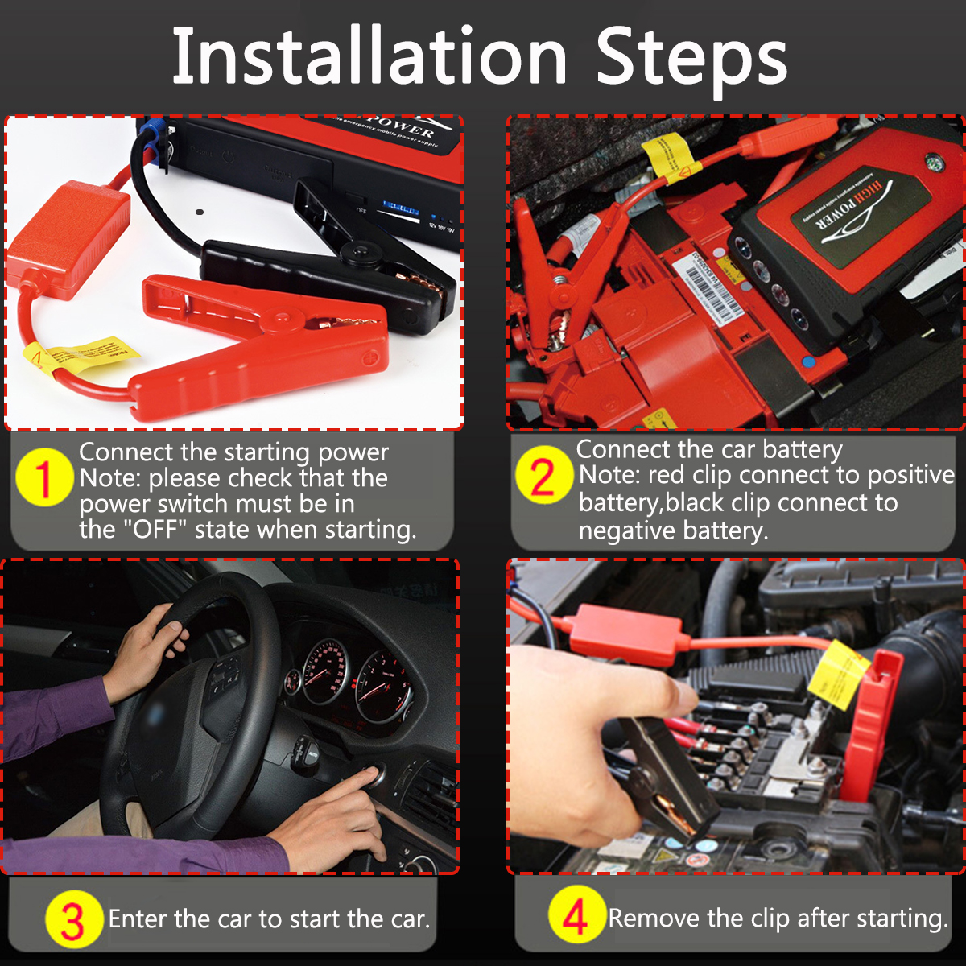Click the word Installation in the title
[x=370, y=56]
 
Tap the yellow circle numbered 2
[x=543, y=475]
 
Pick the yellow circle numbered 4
[x=576, y=916]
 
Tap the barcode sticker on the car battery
[x=712, y=290]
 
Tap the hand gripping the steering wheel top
[x=149, y=644]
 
